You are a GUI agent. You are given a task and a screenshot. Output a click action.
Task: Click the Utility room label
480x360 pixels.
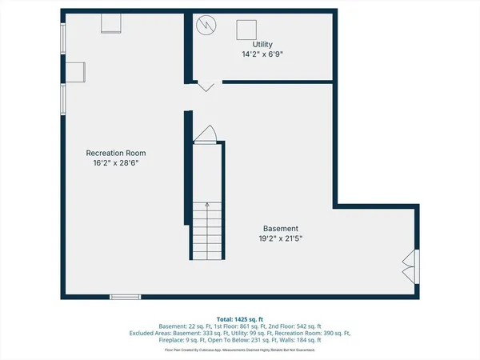click(x=262, y=44)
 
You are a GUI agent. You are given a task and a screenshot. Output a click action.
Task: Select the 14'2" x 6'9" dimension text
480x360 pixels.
click(x=262, y=55)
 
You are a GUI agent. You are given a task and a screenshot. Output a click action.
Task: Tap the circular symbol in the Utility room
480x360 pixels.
click(x=207, y=26)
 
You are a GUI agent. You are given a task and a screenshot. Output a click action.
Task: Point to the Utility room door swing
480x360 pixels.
click(x=204, y=85)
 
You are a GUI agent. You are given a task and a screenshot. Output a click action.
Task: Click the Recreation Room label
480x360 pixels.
click(x=116, y=152)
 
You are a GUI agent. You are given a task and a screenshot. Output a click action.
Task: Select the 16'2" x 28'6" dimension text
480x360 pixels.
click(x=116, y=163)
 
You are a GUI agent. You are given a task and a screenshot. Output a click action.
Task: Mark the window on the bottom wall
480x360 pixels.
click(x=125, y=298)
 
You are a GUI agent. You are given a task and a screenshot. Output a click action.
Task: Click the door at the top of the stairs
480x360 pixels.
click(x=206, y=134)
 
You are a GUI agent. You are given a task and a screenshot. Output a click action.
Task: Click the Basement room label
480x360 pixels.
click(x=280, y=227)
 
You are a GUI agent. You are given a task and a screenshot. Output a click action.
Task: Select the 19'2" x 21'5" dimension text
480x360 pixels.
click(x=280, y=238)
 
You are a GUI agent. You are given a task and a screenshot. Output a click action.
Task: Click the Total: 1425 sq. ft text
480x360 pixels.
click(x=240, y=318)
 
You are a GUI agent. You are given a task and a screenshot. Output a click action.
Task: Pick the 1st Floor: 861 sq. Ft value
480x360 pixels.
click(x=237, y=326)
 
